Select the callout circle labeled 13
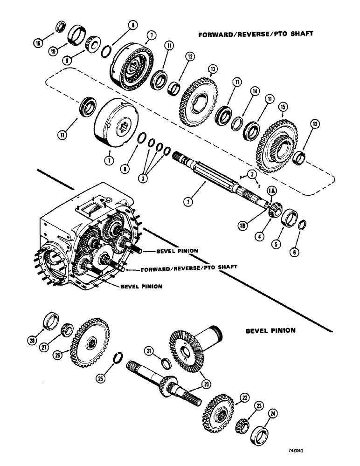pyautogui.click(x=213, y=69)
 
